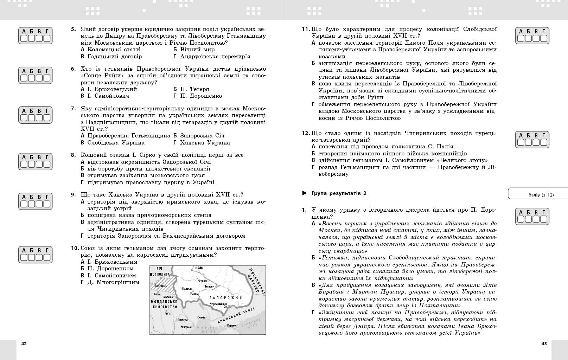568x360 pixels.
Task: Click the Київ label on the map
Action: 200,268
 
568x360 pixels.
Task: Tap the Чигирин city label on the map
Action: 209,287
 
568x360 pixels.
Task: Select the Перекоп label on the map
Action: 232,326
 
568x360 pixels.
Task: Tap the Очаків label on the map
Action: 201,317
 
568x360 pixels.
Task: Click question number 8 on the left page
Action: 73,155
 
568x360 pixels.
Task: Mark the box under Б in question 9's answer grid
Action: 31,204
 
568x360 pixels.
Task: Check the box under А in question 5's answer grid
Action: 24,38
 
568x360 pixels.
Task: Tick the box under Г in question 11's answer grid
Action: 544,38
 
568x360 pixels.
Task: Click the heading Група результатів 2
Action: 339,193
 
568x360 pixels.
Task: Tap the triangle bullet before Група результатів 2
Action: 304,193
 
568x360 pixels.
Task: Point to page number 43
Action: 544,343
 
